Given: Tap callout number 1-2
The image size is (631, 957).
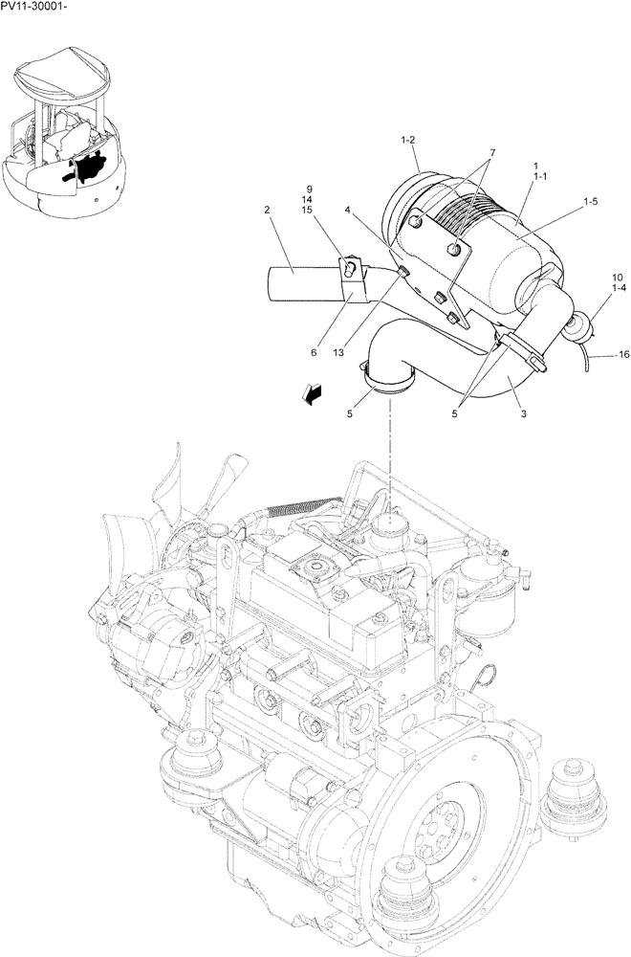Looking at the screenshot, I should click(408, 142).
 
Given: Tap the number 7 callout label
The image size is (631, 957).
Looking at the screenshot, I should click(492, 153).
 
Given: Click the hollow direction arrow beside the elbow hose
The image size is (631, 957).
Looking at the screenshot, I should click(312, 392).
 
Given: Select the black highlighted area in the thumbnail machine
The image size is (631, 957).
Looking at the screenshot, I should click(92, 169).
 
